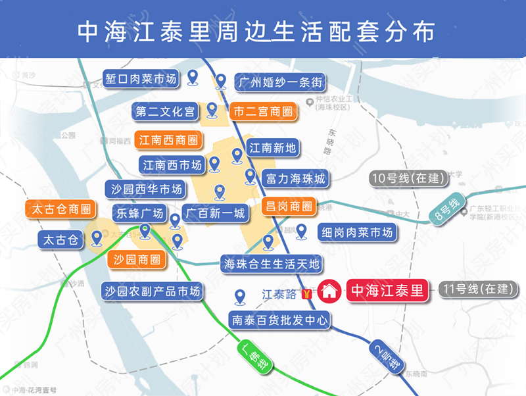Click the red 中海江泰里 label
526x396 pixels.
[387, 289]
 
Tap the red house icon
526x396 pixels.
[329, 290]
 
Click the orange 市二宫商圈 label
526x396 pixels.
[262, 112]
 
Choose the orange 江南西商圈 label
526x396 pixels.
[168, 140]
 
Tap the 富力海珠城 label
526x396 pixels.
[295, 178]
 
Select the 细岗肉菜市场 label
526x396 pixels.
[357, 232]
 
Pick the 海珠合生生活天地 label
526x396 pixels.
[272, 264]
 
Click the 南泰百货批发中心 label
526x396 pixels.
[279, 320]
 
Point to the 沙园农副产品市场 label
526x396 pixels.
[152, 290]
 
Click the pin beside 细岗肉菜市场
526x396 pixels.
[302, 231]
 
